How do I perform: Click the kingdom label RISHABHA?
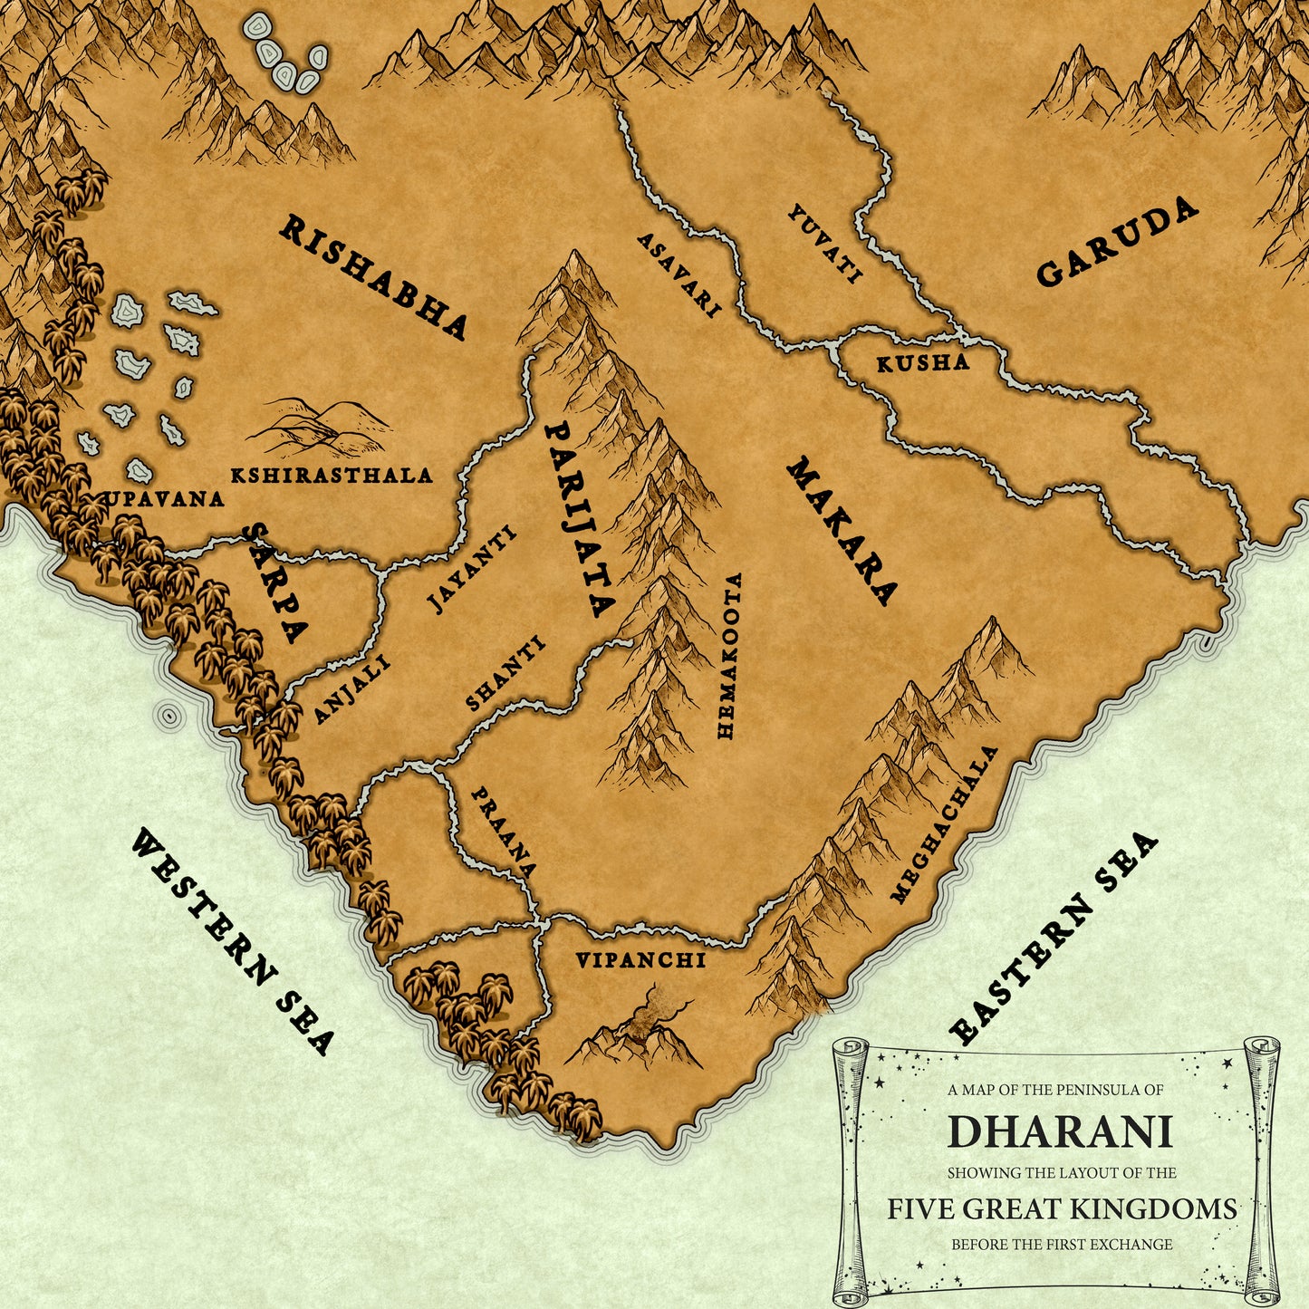tap(372, 278)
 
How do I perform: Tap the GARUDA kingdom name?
tap(1117, 243)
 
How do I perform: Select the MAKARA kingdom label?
tap(842, 532)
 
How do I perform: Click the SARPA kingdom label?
tap(276, 583)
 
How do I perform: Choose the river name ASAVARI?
tap(679, 275)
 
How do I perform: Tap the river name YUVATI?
tap(824, 244)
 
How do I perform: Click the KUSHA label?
tap(922, 363)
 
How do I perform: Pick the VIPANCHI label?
tap(640, 960)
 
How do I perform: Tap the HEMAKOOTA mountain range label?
tap(729, 655)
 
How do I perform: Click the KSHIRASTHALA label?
tap(331, 476)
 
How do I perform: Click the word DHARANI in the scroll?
tap(1060, 1131)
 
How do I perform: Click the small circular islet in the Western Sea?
tap(168, 716)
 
